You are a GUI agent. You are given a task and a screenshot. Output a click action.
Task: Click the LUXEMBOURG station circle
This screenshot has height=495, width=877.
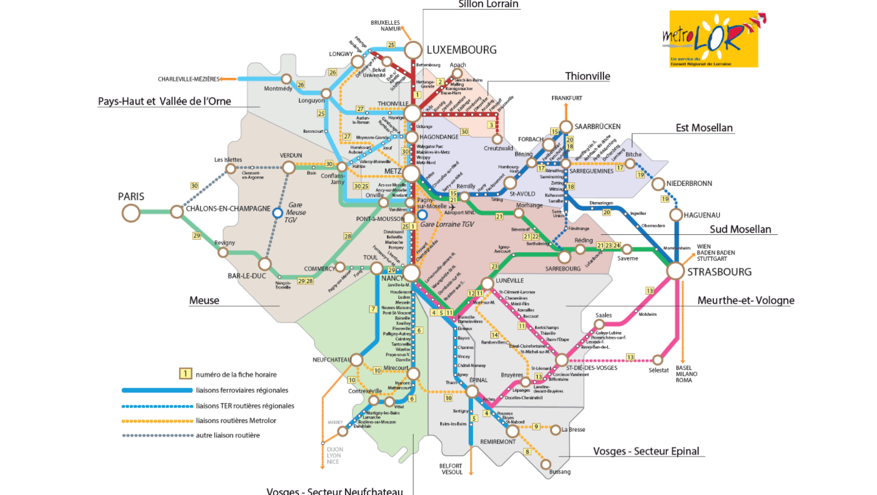tap(414, 49)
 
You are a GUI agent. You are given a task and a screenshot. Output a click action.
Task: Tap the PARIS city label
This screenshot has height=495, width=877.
tap(132, 196)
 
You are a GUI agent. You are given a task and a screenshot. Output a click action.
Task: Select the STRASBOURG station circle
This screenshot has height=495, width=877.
tap(675, 271)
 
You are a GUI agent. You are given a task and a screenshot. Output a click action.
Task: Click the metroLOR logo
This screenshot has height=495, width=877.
tap(713, 38)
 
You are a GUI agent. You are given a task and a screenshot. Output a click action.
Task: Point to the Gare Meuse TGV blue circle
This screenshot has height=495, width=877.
tap(277, 212)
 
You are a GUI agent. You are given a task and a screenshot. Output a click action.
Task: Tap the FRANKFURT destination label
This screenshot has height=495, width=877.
tap(567, 98)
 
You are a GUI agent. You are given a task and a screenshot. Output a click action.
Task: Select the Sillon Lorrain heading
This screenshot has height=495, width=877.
tap(489, 4)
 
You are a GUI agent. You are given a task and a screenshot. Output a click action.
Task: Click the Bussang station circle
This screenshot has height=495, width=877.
tap(546, 464)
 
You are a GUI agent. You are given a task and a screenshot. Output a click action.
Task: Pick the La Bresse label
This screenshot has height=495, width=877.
tap(573, 430)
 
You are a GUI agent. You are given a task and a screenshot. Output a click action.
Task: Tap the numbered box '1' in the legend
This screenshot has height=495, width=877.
tap(186, 374)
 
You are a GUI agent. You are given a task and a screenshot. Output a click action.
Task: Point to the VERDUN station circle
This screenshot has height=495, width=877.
tap(289, 167)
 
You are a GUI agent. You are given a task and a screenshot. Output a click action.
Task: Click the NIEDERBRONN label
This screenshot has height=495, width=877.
tap(689, 183)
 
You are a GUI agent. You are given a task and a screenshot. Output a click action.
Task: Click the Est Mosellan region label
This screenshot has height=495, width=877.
tap(704, 128)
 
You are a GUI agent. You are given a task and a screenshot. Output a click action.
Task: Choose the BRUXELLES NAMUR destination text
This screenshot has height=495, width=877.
tap(386, 25)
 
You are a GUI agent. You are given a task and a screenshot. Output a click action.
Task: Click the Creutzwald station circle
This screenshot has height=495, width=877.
tap(498, 139)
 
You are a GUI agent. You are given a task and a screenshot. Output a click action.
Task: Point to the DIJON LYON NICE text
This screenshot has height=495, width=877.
tap(333, 455)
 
